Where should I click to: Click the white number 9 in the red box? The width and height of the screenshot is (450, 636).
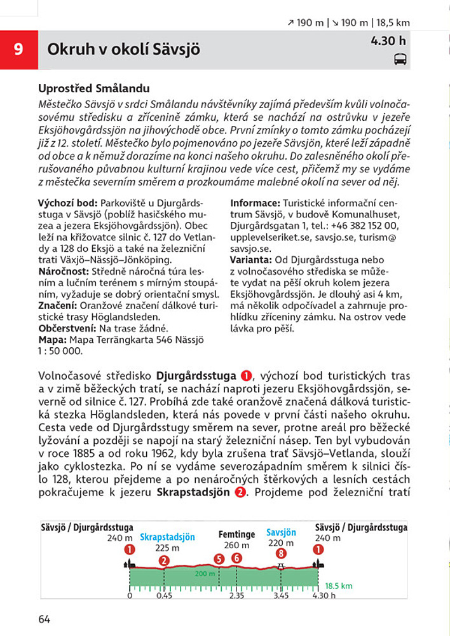coord(18,49)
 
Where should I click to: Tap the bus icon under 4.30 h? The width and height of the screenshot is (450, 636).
coord(400,59)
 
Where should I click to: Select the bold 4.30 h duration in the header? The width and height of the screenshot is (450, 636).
coord(388,41)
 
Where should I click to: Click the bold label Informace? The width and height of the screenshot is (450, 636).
coord(254,203)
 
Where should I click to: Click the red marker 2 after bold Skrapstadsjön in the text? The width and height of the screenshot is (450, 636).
coord(238,492)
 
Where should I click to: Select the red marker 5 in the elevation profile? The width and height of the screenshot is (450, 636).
coord(219,559)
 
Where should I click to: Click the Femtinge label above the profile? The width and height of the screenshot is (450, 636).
coord(236,535)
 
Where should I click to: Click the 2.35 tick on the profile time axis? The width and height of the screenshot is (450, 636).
coord(236,596)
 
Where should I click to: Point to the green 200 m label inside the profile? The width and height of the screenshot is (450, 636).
coord(205,574)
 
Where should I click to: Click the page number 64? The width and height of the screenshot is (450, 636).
coord(44,619)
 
